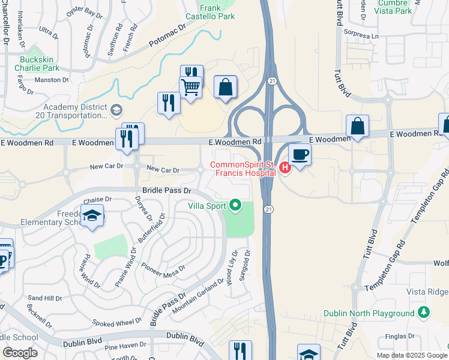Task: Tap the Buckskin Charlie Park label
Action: [x=39, y=64]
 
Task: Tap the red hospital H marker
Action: [x=285, y=169]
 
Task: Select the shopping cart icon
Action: [x=191, y=87]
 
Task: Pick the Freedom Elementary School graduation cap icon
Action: [x=92, y=215]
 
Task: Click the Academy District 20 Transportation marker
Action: [x=116, y=110]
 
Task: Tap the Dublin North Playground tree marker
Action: [x=424, y=313]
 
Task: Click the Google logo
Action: [x=20, y=353]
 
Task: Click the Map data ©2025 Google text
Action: [x=411, y=355]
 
